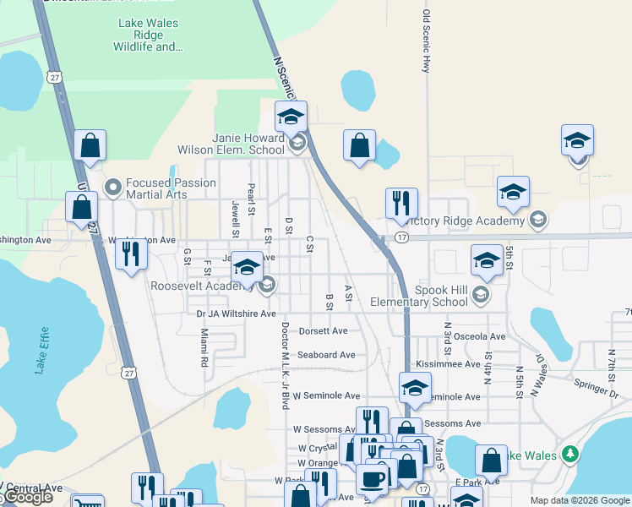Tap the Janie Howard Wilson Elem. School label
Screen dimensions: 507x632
[230, 144]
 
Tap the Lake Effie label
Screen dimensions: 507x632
[41, 350]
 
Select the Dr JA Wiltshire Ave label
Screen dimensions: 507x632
[236, 313]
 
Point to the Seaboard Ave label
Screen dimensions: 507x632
[325, 355]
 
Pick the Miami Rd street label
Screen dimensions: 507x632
[204, 348]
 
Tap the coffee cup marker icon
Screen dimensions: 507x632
[372, 478]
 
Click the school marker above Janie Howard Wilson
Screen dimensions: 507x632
[291, 117]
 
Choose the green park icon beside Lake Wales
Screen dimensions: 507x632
[571, 455]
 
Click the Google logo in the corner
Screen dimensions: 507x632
[27, 498]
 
